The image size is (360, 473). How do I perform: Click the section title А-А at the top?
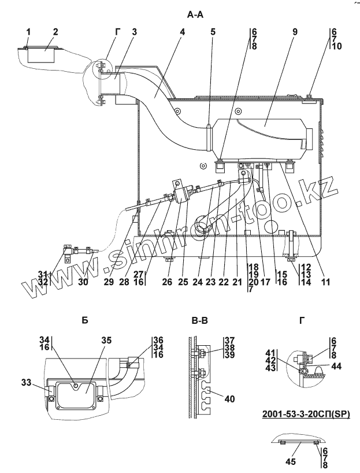point(195,14)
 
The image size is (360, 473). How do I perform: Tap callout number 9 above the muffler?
point(295,32)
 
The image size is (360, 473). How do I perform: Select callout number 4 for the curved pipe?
point(182,32)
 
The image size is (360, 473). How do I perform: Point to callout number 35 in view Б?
point(106,341)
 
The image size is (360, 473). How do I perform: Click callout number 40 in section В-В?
point(230,399)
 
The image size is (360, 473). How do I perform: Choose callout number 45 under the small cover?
point(291,461)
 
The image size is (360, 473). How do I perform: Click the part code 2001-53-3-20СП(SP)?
point(306,414)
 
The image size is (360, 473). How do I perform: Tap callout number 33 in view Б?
point(27,382)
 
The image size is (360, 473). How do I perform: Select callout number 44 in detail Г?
point(336,366)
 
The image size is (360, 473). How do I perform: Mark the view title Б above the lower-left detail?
point(85,320)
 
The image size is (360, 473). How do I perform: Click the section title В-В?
point(199,320)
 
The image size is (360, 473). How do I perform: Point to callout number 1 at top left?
point(28,32)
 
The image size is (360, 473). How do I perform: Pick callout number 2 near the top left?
point(55,32)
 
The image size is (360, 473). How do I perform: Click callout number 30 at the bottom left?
point(83,282)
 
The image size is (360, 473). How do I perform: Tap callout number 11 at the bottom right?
point(326,282)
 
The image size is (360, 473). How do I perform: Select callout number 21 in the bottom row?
point(237,282)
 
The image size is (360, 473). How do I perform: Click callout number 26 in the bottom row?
point(167,282)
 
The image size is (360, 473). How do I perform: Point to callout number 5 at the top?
point(213,32)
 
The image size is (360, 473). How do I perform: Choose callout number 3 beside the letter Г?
point(134,32)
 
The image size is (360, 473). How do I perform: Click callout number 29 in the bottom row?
point(109,282)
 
